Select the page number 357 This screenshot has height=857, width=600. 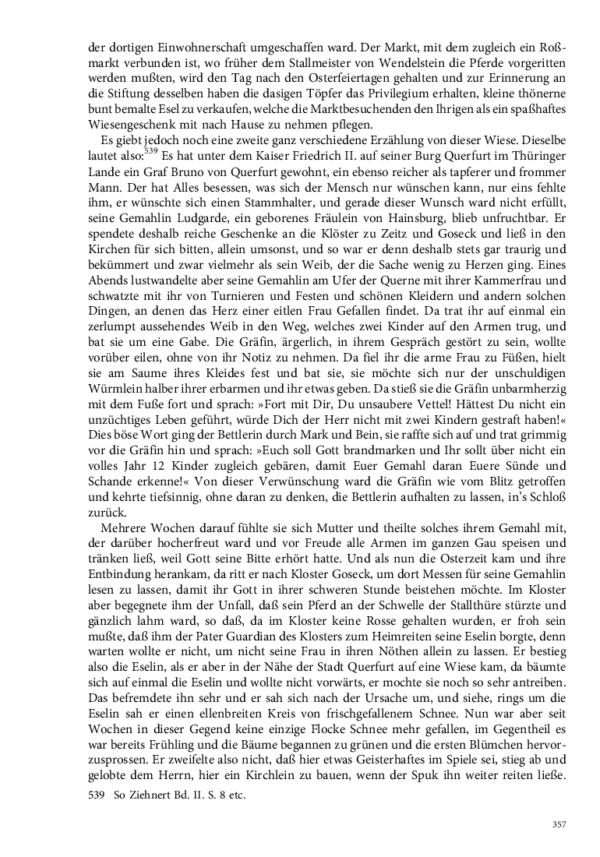[x=558, y=825]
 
